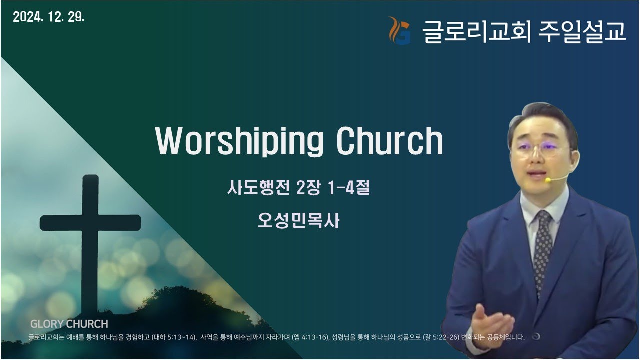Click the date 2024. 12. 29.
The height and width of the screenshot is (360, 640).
click(x=49, y=17)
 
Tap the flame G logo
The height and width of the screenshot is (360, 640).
click(x=399, y=31)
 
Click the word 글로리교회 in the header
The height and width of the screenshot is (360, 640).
click(x=477, y=31)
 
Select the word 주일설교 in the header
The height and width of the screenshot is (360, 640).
click(x=582, y=31)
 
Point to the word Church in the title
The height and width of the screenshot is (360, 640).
click(x=389, y=141)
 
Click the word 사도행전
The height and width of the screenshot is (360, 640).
click(x=258, y=189)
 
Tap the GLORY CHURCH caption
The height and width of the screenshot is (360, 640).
click(x=69, y=324)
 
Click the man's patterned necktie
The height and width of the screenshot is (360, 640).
click(x=543, y=245)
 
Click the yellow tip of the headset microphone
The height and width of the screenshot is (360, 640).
click(x=548, y=179)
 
